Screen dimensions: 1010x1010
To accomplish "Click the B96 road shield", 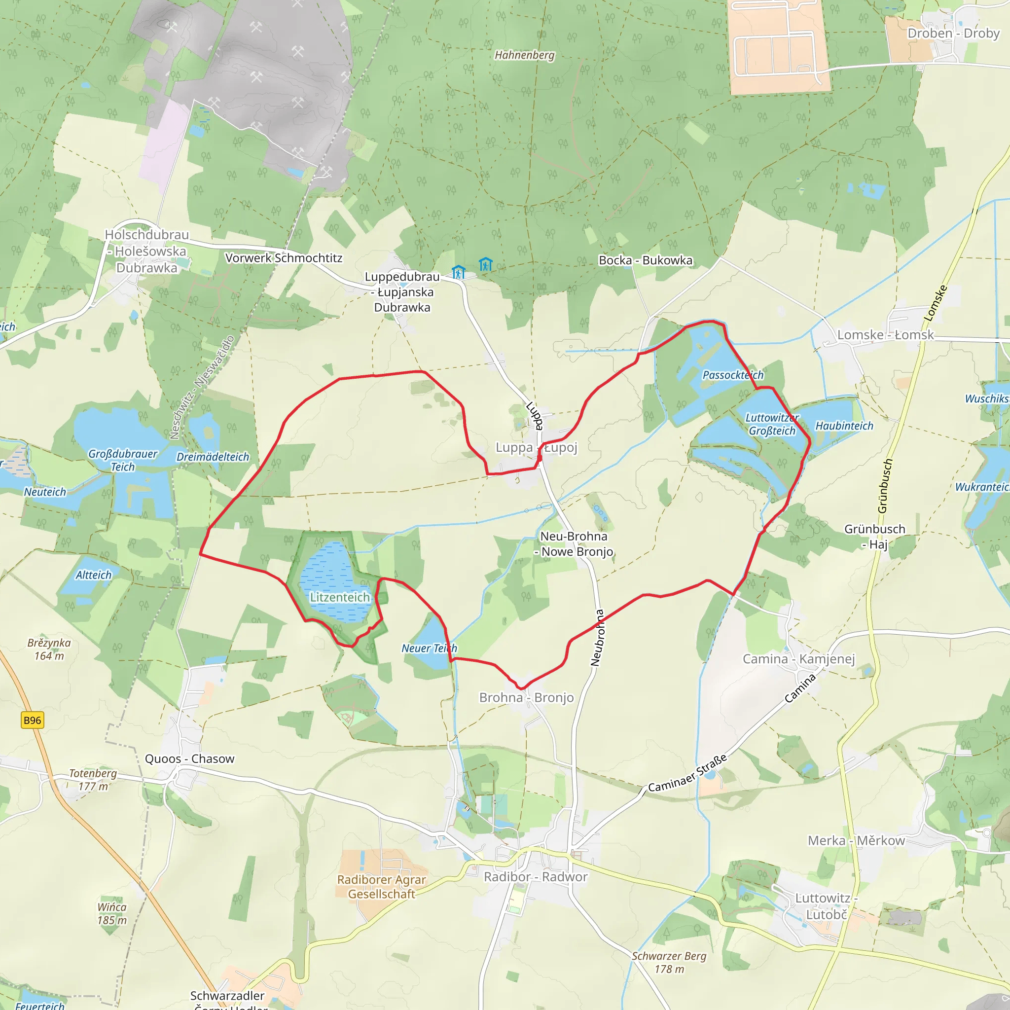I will tap(32, 720).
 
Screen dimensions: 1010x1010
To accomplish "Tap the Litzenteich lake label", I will tap(340, 597).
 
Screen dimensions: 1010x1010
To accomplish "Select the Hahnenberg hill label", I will tap(524, 55).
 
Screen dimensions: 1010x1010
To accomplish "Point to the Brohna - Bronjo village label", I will tap(526, 697).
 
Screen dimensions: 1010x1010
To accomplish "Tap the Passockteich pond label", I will tap(733, 375).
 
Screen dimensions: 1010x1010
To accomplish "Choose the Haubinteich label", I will tap(844, 426).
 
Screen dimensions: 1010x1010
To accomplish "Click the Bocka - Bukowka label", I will tap(646, 260).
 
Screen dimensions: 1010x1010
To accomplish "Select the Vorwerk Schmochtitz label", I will tap(284, 258).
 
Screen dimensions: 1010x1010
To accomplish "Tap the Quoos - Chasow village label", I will tap(190, 758).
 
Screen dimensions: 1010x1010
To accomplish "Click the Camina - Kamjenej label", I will tap(799, 659).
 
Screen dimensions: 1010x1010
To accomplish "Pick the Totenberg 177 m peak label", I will tap(93, 780).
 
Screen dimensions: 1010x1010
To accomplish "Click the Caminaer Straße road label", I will tap(687, 773).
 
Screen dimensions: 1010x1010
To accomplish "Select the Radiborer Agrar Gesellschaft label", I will tap(382, 887).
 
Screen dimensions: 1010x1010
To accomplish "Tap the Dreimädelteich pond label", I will tap(213, 457).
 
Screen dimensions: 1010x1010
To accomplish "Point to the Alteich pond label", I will tap(94, 575).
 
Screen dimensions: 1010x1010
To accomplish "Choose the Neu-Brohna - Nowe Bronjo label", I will tap(574, 543).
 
